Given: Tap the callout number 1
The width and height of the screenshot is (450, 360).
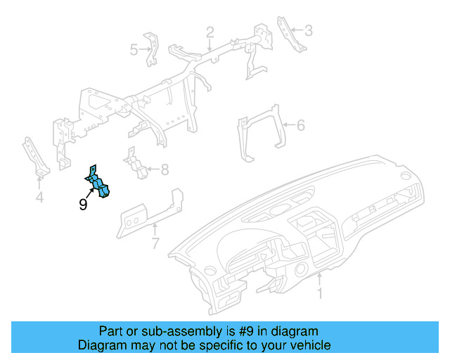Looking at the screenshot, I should coord(321,293).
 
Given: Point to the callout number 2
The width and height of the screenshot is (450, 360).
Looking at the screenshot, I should coord(210,32).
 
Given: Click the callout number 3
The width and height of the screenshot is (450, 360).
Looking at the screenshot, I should coord(308,30).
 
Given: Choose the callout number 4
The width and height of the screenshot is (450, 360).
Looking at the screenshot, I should coord(39,198).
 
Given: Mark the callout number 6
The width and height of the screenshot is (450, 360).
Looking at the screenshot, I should coord(300,126).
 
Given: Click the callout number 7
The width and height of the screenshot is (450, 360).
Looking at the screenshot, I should coord(155,243).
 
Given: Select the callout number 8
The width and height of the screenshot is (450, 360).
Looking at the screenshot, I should coord(165,169).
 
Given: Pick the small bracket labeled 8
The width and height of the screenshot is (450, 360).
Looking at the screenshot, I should coord(135,165).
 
